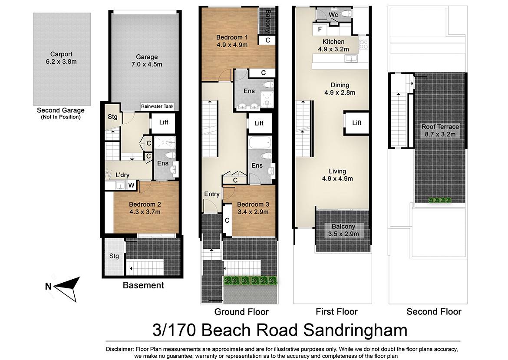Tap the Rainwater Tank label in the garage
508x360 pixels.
157,106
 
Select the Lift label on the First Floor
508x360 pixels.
357,123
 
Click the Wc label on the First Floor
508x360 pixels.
333,15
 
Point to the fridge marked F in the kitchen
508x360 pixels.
320,29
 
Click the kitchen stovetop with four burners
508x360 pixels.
363,44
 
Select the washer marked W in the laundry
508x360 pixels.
131,185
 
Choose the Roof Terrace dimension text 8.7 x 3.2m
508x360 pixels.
440,134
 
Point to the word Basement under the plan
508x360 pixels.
143,285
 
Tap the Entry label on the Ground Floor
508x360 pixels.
212,194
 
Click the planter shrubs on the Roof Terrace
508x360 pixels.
440,200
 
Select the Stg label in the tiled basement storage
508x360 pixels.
114,256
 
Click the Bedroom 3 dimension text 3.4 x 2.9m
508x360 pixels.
253,212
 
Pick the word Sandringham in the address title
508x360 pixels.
355,330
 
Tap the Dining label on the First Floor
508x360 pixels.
340,85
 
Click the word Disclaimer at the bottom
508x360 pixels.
120,349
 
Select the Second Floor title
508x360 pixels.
434,312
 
